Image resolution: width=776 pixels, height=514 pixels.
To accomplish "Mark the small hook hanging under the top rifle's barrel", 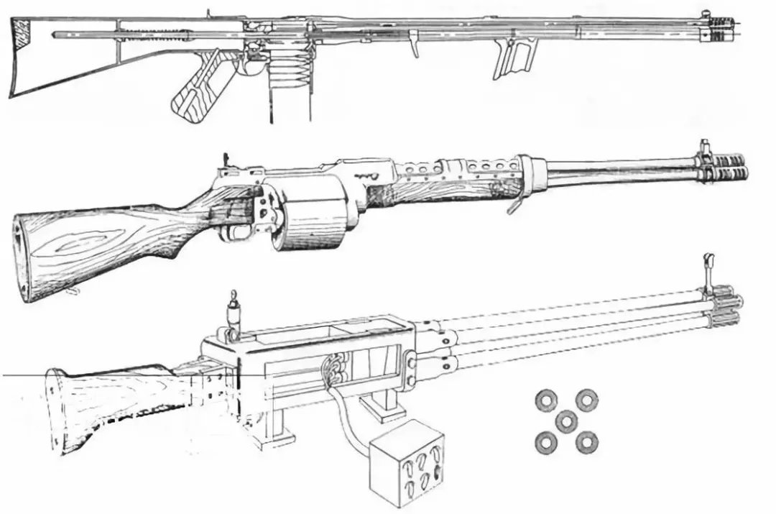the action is click(415, 45).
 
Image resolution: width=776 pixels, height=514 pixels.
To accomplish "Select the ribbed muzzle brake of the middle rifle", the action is click(726, 165).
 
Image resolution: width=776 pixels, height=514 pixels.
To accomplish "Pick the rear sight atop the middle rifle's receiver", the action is click(227, 161).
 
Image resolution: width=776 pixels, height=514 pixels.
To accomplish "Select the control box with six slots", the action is click(406, 464).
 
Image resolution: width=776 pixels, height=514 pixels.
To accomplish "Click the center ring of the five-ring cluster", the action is click(568, 420).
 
